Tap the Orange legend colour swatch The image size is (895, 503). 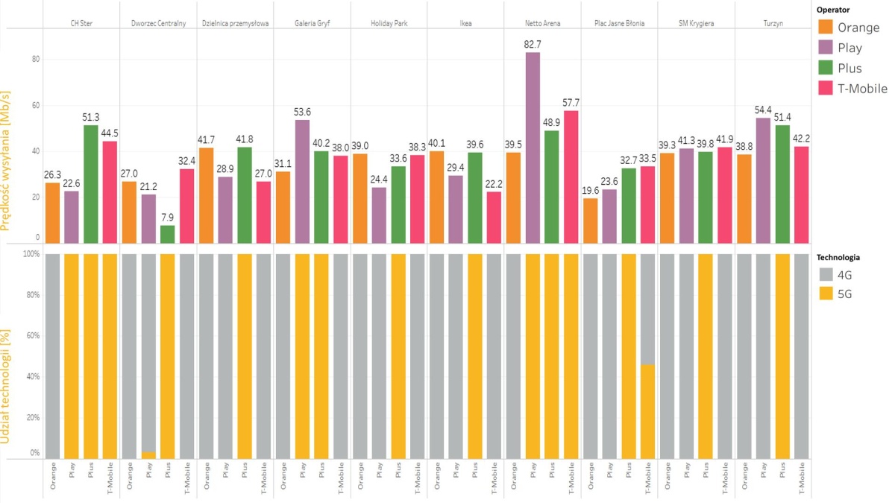826,28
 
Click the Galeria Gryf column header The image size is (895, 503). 312,23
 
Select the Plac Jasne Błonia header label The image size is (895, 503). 619,23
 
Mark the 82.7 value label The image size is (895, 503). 533,45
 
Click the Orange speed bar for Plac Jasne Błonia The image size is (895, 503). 591,220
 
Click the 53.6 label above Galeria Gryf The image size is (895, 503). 303,113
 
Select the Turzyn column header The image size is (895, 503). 773,23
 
